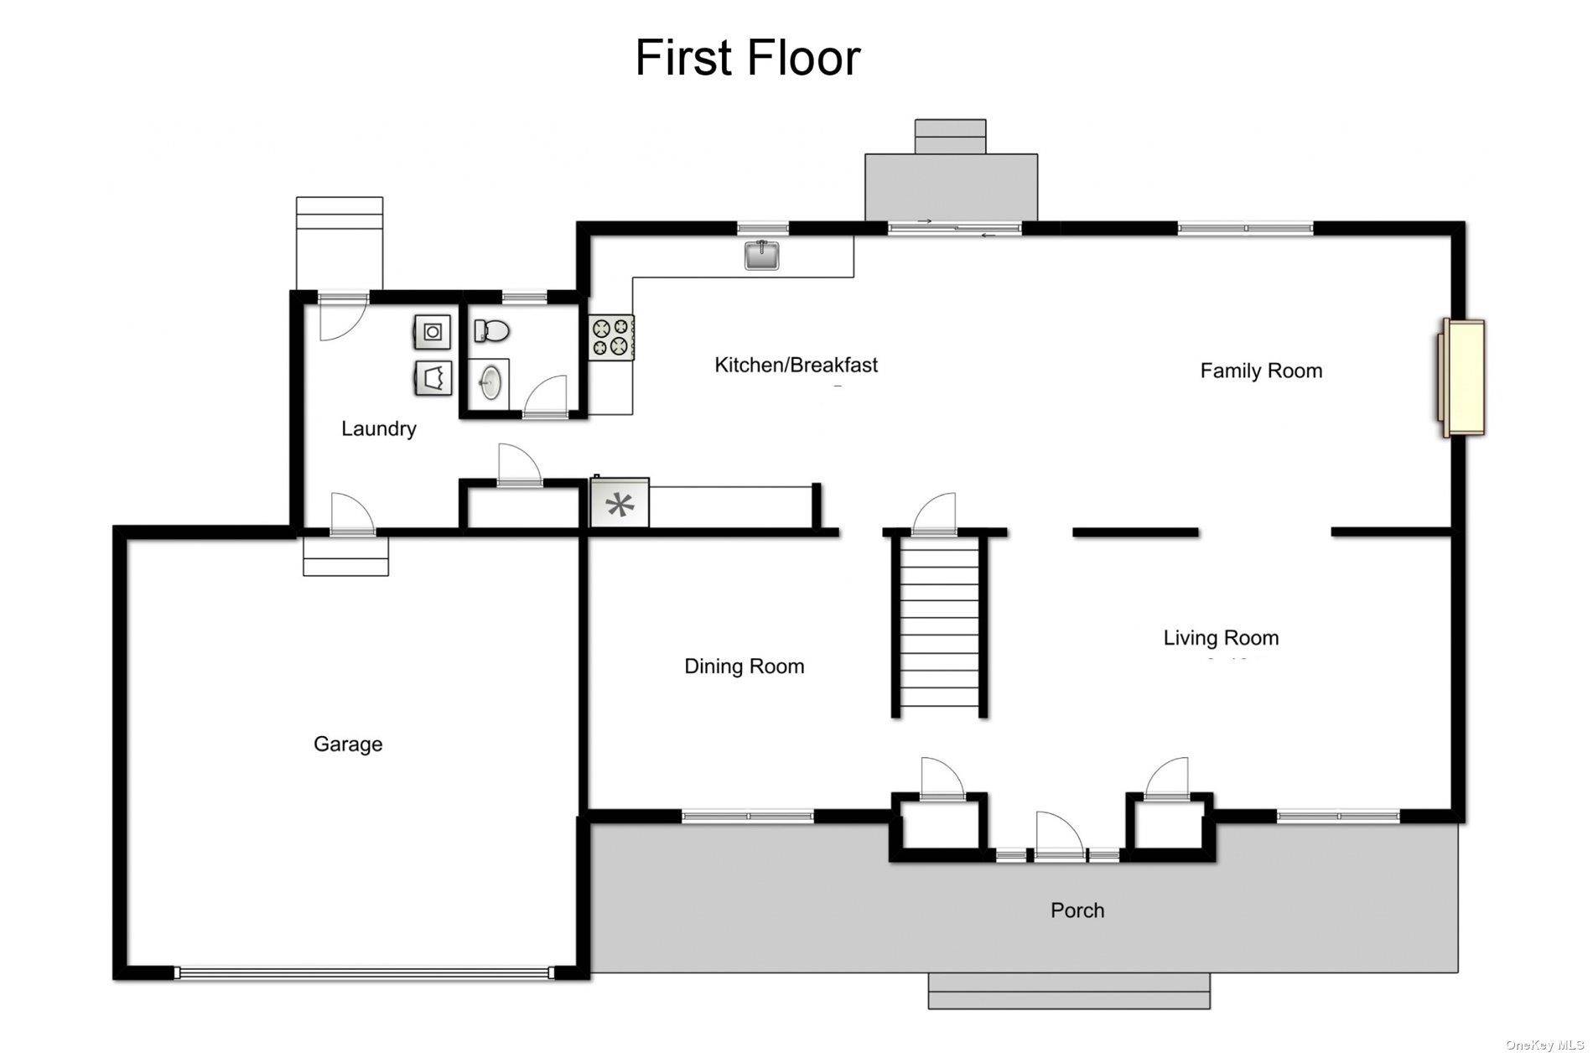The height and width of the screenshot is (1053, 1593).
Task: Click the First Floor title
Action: (x=747, y=58)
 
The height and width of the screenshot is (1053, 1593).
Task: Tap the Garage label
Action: (x=348, y=744)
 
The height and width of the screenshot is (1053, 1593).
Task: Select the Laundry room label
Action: (x=378, y=428)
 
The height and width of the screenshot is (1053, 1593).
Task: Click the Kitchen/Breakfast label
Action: (x=796, y=365)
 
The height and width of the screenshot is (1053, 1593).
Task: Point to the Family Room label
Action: (x=1260, y=371)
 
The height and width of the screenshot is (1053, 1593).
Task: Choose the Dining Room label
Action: (x=744, y=667)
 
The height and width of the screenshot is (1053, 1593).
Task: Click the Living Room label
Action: (x=1220, y=638)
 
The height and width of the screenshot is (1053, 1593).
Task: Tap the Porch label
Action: (x=1077, y=910)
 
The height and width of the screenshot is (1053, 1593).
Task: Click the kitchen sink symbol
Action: (x=761, y=255)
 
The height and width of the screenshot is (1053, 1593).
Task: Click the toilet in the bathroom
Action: (x=491, y=331)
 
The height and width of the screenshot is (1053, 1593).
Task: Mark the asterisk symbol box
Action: (x=620, y=504)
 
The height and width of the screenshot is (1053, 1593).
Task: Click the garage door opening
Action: (x=365, y=973)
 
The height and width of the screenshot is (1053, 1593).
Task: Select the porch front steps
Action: (x=1069, y=991)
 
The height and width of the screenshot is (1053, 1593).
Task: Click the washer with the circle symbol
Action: (x=433, y=332)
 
